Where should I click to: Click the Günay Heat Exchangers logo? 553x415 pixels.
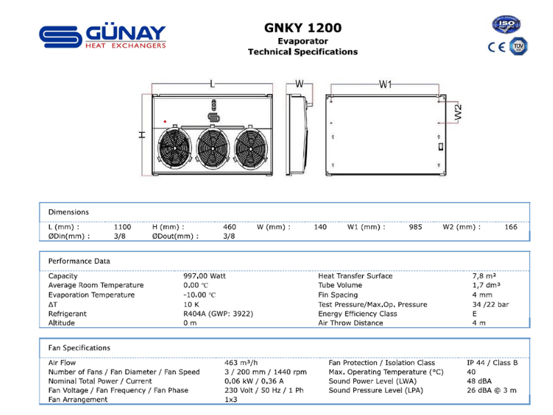tap(102, 37)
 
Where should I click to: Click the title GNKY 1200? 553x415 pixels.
tap(303, 28)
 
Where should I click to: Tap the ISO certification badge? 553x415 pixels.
tap(506, 25)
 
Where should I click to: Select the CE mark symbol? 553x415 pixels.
tap(497, 47)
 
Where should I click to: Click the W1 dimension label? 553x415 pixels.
tap(386, 84)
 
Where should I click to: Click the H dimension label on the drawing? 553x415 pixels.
tap(142, 135)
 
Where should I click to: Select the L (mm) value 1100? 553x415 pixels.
tap(122, 227)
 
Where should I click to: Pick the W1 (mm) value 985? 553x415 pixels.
tap(415, 227)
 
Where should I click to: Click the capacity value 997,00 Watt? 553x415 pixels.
tap(204, 276)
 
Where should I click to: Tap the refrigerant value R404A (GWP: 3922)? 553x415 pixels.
tap(218, 313)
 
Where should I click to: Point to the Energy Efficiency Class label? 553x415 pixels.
tap(357, 313)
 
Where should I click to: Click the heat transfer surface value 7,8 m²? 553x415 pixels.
tap(485, 276)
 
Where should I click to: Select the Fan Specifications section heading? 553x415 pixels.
tap(79, 348)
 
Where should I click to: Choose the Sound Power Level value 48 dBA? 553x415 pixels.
tap(479, 381)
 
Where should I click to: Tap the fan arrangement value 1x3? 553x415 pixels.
tap(232, 400)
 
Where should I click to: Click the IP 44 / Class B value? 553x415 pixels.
tap(492, 362)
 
